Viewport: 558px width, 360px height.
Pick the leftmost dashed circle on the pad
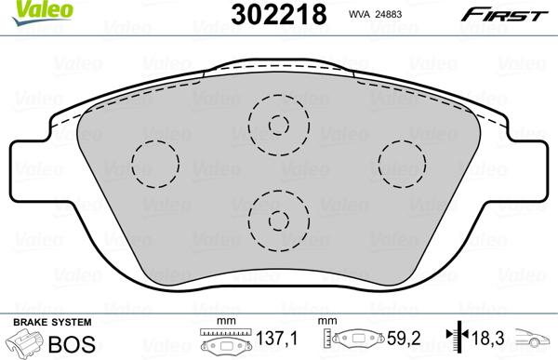coord(155,164)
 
